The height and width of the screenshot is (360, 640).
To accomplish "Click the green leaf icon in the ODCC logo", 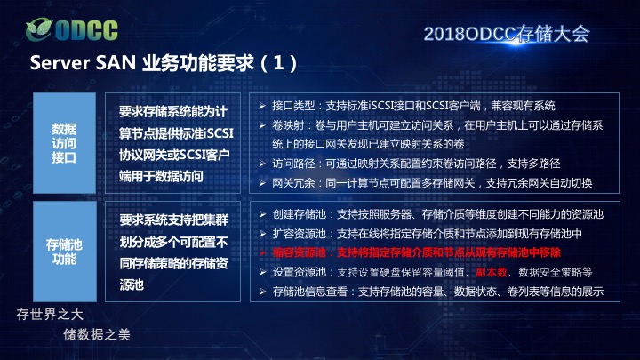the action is click(x=39, y=29).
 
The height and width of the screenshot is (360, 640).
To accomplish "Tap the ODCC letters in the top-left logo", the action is click(x=86, y=30).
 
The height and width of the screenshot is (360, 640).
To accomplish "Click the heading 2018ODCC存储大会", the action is click(x=507, y=34).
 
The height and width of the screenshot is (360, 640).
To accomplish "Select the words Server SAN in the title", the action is click(x=83, y=63).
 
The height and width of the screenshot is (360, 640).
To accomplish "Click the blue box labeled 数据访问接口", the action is click(x=65, y=143).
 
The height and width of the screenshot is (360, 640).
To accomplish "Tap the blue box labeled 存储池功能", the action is click(x=65, y=252).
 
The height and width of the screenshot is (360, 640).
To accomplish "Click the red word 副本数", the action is click(x=492, y=272).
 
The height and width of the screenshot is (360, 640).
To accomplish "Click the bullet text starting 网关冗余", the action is click(x=432, y=183).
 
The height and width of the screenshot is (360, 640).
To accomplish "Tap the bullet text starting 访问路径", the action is click(x=416, y=164).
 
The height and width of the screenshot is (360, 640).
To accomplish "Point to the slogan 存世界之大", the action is click(x=50, y=315).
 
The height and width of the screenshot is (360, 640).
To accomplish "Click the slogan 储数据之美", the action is click(x=97, y=335).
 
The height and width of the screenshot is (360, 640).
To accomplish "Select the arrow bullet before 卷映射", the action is click(x=262, y=125).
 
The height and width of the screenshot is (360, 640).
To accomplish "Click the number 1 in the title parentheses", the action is click(x=278, y=63).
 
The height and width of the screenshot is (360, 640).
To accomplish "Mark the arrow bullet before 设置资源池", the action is click(x=262, y=272).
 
